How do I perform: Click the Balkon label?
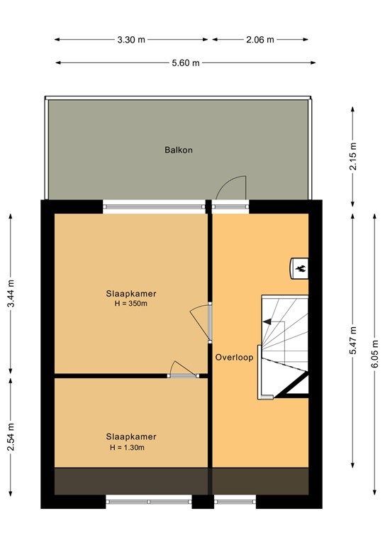click(179, 150)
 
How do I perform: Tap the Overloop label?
click(235, 358)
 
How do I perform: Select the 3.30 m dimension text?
click(131, 40)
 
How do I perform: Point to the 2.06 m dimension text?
click(260, 40)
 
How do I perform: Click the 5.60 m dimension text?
click(186, 63)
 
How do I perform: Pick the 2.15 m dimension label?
click(353, 156)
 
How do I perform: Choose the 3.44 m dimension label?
click(11, 294)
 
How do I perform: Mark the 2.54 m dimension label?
click(11, 437)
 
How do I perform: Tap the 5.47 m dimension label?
click(353, 341)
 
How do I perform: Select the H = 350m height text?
click(131, 304)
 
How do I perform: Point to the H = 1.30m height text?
click(127, 448)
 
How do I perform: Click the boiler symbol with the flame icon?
click(299, 268)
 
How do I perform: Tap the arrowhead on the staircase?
click(267, 322)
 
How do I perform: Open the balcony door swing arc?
click(231, 187)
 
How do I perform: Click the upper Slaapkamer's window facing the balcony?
click(155, 207)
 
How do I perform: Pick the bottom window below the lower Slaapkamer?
click(149, 502)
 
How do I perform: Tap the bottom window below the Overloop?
click(235, 502)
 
